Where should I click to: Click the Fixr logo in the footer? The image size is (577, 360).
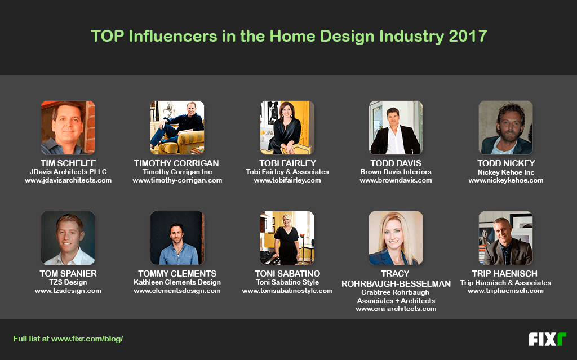click(x=547, y=339)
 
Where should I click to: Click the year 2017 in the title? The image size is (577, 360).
click(x=468, y=36)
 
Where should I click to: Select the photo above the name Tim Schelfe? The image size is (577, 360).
click(x=68, y=127)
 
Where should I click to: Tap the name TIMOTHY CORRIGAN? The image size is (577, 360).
click(x=176, y=163)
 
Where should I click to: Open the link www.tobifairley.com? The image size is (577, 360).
click(x=287, y=180)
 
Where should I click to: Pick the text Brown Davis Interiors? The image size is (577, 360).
click(x=396, y=172)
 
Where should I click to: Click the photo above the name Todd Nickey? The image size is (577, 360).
click(x=505, y=127)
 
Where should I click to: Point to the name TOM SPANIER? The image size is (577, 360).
click(x=68, y=273)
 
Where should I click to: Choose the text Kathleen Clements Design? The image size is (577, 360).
click(x=177, y=282)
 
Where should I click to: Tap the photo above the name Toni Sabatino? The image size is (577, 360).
click(x=287, y=238)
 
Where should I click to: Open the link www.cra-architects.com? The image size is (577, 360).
click(x=396, y=309)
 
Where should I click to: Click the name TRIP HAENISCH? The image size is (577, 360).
click(x=504, y=273)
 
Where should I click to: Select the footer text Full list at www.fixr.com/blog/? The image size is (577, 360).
click(x=68, y=339)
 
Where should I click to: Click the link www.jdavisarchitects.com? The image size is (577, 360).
click(x=68, y=180)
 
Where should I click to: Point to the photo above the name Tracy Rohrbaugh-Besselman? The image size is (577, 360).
click(x=396, y=238)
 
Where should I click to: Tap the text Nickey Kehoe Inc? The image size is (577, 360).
click(x=505, y=172)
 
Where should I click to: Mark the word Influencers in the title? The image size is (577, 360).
click(x=173, y=36)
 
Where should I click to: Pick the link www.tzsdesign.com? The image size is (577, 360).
click(x=68, y=291)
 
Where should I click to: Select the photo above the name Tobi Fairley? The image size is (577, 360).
click(x=287, y=127)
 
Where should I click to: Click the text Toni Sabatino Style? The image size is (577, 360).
click(x=287, y=282)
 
